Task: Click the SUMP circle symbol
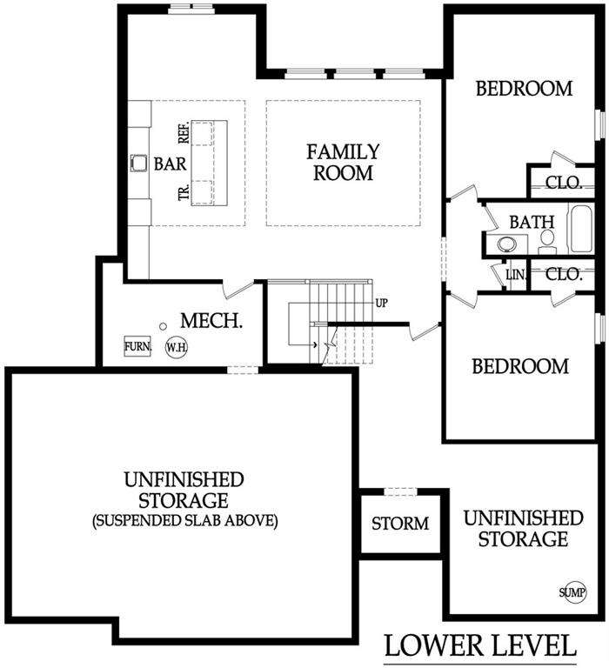point(572,591)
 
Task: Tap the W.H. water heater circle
point(177,347)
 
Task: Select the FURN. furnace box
point(137,346)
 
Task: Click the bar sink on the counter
point(138,164)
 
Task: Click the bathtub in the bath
point(581,229)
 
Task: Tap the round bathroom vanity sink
point(507,244)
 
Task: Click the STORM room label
point(400,524)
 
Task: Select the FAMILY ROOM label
point(343,163)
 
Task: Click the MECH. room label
point(211,321)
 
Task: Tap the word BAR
point(170,164)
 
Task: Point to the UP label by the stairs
point(381,303)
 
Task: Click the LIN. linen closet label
point(516,275)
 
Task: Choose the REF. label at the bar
point(184,133)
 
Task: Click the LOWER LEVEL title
point(480,645)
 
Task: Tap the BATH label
point(532,222)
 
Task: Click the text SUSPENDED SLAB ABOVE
point(185,521)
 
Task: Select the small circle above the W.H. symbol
point(163,326)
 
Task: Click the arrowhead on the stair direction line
point(315,344)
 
